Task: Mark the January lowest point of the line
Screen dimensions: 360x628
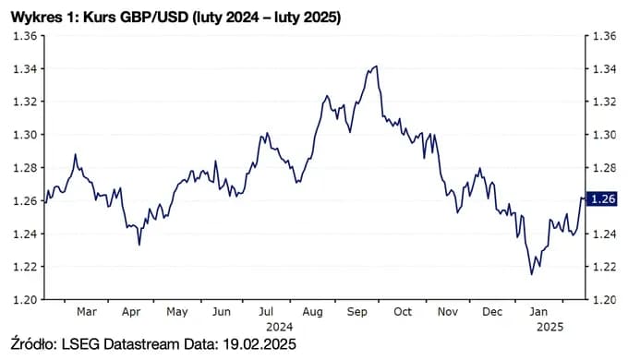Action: click(x=531, y=274)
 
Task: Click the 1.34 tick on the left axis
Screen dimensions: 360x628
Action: click(x=23, y=69)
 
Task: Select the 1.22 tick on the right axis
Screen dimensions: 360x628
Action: click(x=603, y=267)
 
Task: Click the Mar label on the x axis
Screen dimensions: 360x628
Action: click(x=87, y=312)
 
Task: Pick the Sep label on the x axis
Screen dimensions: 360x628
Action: click(x=357, y=312)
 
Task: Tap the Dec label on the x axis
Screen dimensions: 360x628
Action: click(x=492, y=312)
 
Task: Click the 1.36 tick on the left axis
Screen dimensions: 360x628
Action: click(x=23, y=36)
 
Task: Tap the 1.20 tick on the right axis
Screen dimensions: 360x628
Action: click(x=603, y=300)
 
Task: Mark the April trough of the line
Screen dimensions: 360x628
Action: click(x=139, y=245)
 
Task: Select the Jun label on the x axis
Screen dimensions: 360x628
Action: click(x=222, y=312)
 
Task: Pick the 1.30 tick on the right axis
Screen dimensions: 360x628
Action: click(x=603, y=135)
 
